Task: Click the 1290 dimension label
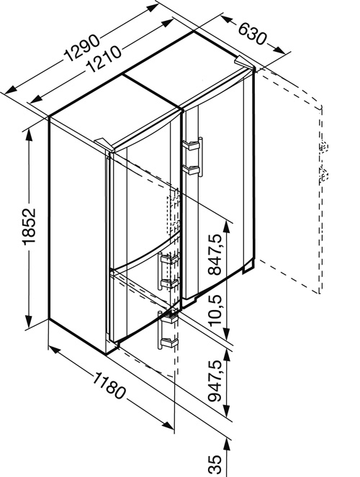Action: pyautogui.click(x=81, y=47)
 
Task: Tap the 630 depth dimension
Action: pyautogui.click(x=252, y=34)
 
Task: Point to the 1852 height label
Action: pyautogui.click(x=29, y=227)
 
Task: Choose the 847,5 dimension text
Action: pyautogui.click(x=215, y=255)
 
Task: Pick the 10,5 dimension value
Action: pyautogui.click(x=215, y=310)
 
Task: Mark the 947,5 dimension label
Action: pyautogui.click(x=216, y=381)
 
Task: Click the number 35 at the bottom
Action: pyautogui.click(x=215, y=464)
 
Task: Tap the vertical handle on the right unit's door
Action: pyautogui.click(x=200, y=157)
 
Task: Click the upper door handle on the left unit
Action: pyautogui.click(x=160, y=271)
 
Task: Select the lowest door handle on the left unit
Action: pyautogui.click(x=160, y=330)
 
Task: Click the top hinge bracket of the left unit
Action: pyautogui.click(x=104, y=144)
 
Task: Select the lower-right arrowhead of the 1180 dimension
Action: pyautogui.click(x=168, y=425)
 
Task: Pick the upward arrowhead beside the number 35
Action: pyautogui.click(x=226, y=445)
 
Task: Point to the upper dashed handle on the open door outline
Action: pyautogui.click(x=324, y=147)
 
